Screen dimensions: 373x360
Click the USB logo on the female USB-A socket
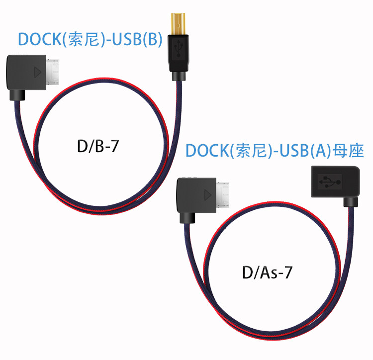click(328, 182)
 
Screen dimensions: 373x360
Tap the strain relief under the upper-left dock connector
click(18, 93)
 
